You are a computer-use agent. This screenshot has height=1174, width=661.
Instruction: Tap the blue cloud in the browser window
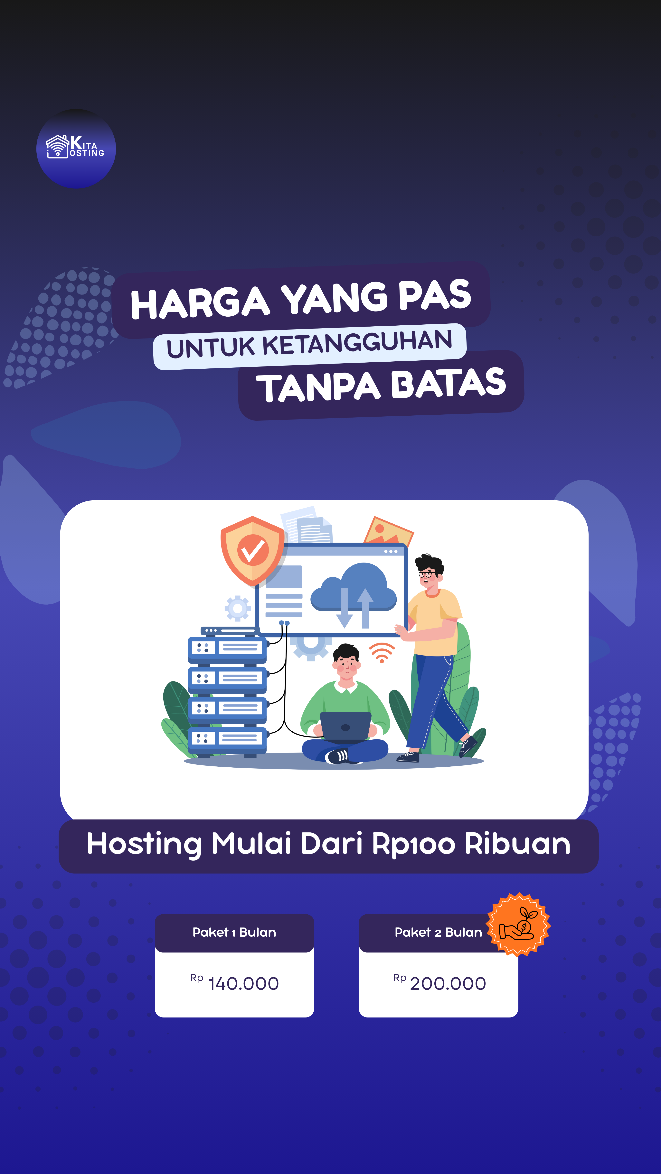click(x=354, y=588)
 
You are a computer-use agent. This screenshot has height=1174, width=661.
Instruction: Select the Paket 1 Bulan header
click(x=234, y=932)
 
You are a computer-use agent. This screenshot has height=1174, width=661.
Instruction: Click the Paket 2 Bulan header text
click(x=438, y=932)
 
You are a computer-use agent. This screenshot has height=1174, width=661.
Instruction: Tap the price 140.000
click(x=243, y=983)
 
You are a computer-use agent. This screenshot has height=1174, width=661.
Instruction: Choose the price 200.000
click(x=448, y=983)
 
